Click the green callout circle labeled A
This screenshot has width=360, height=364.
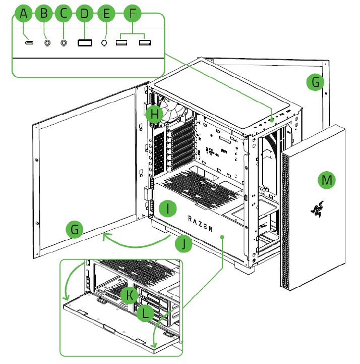click(24, 14)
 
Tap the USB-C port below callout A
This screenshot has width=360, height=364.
click(29, 43)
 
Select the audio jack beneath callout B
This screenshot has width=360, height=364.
click(47, 43)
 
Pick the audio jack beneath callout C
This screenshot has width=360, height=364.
click(64, 43)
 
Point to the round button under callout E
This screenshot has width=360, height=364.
click(105, 43)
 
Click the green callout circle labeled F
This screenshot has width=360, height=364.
click(133, 14)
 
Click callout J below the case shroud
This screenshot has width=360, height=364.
click(184, 244)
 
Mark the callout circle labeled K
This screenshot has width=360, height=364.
click(130, 294)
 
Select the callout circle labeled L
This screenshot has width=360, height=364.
click(146, 314)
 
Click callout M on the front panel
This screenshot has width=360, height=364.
click(328, 180)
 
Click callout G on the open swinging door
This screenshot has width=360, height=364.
click(75, 230)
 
